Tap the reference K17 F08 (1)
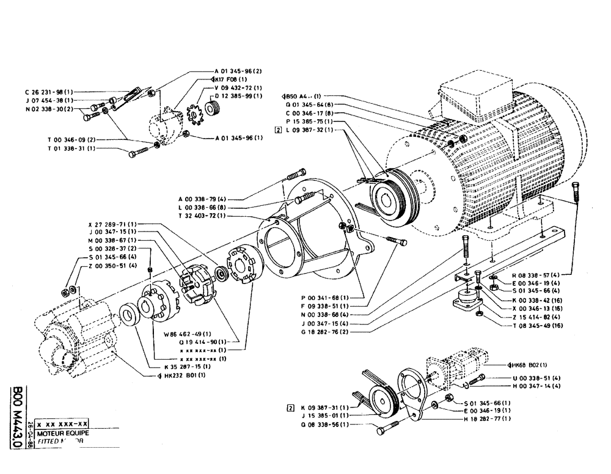tap(230, 79)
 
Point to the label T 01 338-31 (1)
tap(71, 148)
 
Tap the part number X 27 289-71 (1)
tap(113, 224)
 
